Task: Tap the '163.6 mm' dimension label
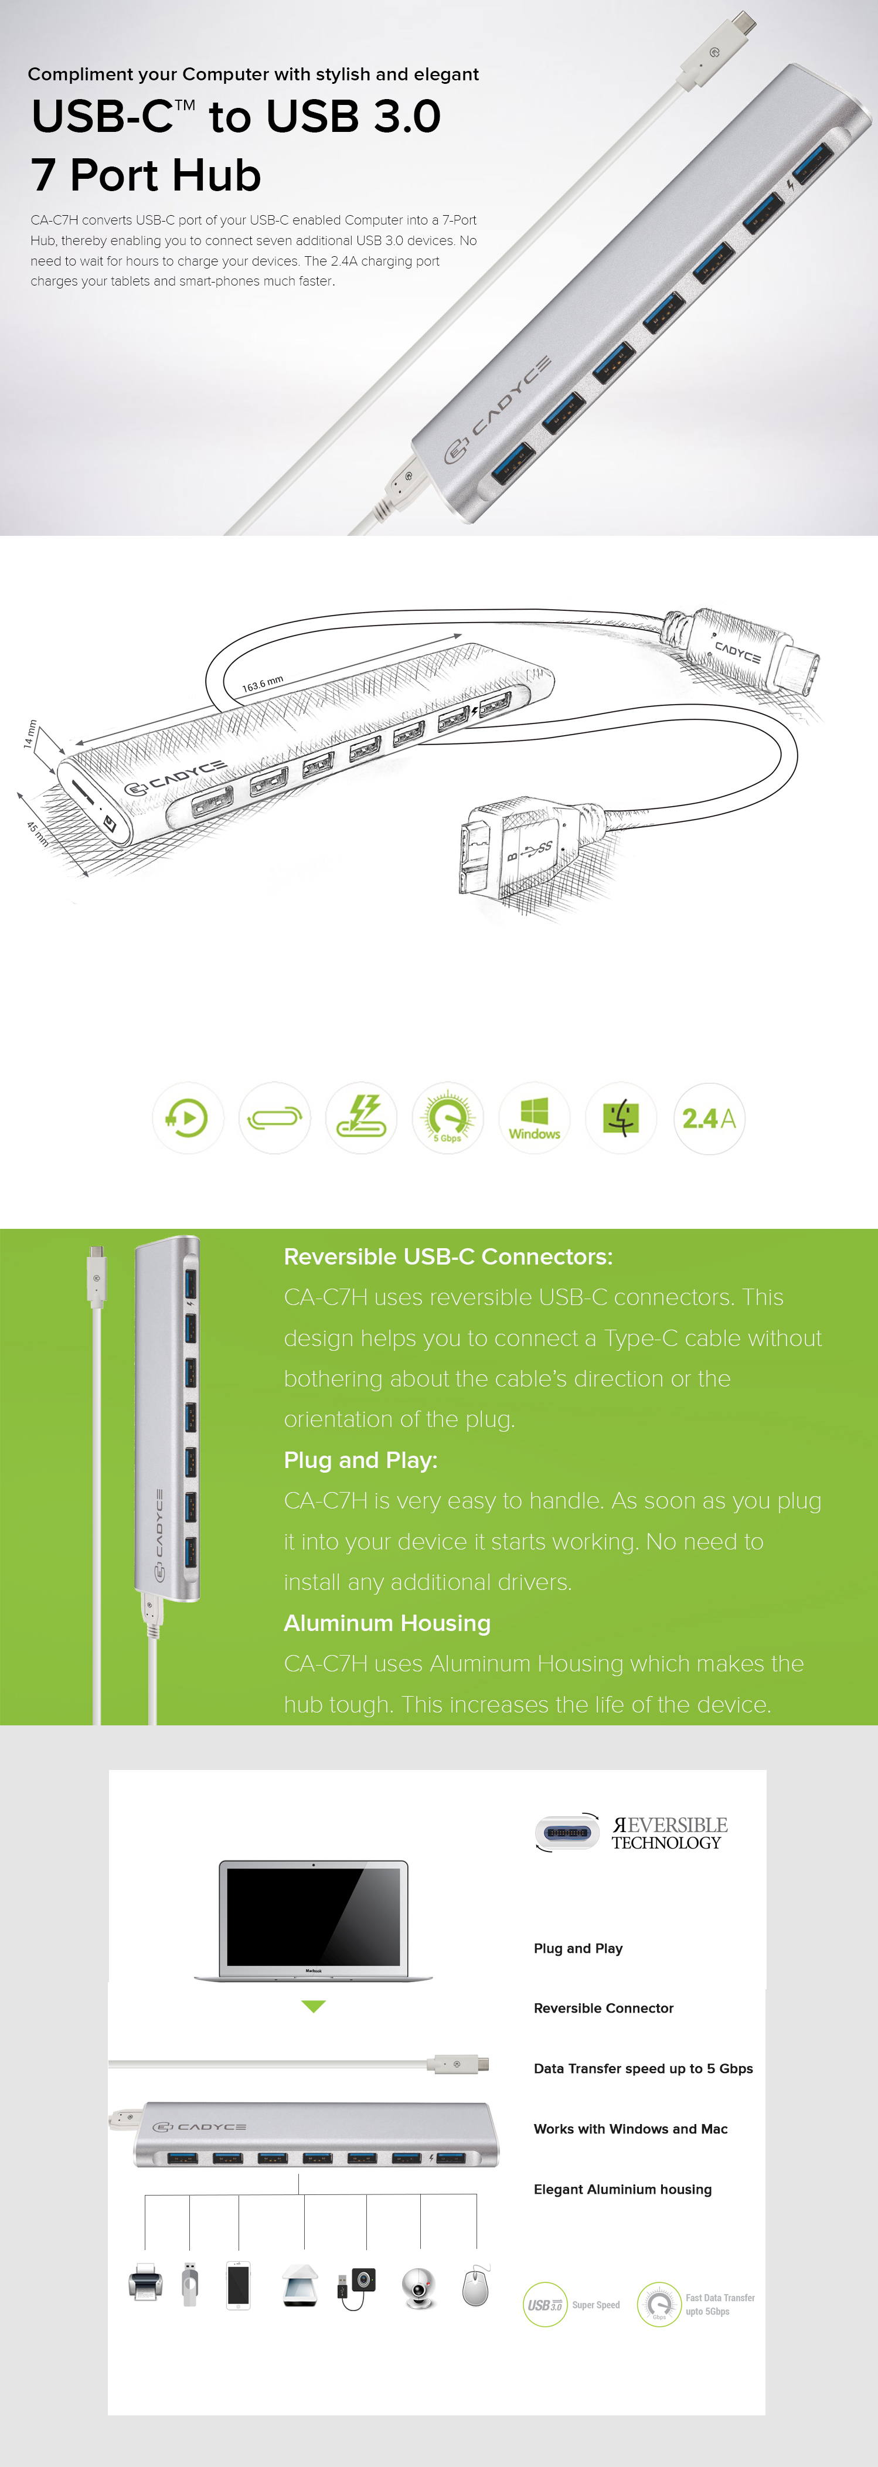pyautogui.click(x=263, y=684)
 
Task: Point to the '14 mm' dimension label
pyautogui.click(x=30, y=733)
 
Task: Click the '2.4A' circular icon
pyautogui.click(x=709, y=1117)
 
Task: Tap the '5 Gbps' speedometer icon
pyautogui.click(x=447, y=1117)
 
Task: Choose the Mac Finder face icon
pyautogui.click(x=621, y=1117)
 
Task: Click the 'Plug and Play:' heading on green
pyautogui.click(x=360, y=1460)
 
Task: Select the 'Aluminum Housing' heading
pyautogui.click(x=387, y=1622)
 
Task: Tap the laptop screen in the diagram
pyautogui.click(x=313, y=1915)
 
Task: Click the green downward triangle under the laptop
pyautogui.click(x=313, y=2006)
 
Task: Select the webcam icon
pyautogui.click(x=418, y=2286)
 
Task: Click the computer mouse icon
pyautogui.click(x=475, y=2287)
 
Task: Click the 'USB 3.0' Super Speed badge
pyautogui.click(x=545, y=2304)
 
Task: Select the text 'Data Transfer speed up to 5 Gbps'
pyautogui.click(x=642, y=2068)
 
